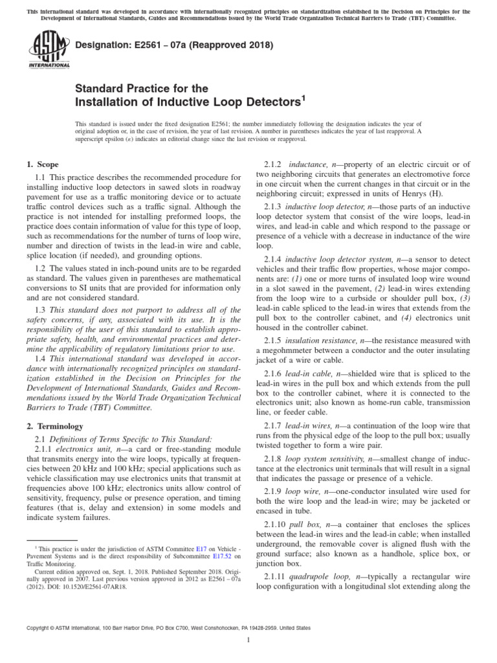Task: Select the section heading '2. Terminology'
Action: pos(55,426)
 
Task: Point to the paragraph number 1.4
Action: pos(41,359)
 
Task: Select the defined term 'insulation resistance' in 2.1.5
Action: pos(322,340)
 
